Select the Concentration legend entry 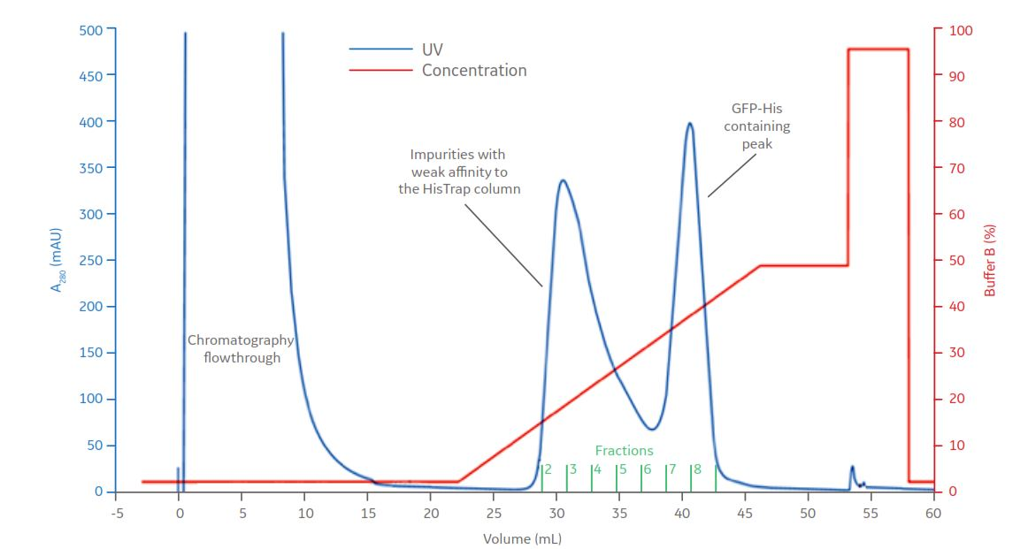(x=473, y=71)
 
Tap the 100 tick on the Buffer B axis (x=961, y=30)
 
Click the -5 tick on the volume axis (x=115, y=512)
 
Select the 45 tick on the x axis (x=744, y=512)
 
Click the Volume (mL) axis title (x=522, y=538)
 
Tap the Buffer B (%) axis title (x=990, y=260)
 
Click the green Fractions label (x=624, y=451)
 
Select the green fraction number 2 (x=548, y=469)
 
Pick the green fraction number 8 (x=697, y=469)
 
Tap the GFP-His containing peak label (x=756, y=126)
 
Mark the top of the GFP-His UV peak (x=690, y=124)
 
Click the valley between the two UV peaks (x=652, y=430)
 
